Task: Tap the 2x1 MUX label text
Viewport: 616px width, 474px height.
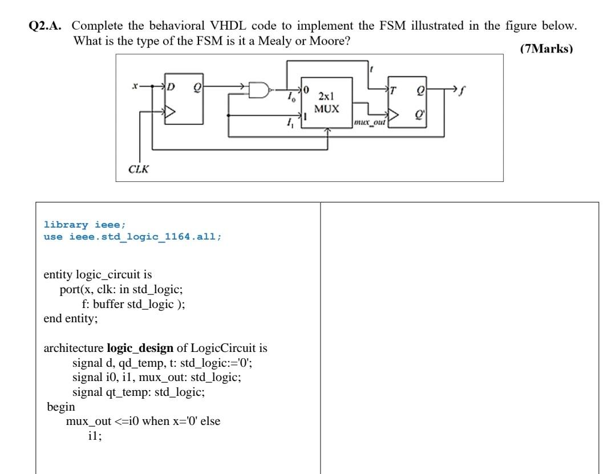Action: click(x=326, y=103)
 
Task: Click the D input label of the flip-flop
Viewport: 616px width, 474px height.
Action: click(x=170, y=87)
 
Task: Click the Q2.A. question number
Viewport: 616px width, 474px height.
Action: click(x=48, y=26)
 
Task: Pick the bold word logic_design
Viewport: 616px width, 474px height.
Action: click(x=140, y=348)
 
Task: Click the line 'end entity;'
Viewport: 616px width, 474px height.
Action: click(x=71, y=318)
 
